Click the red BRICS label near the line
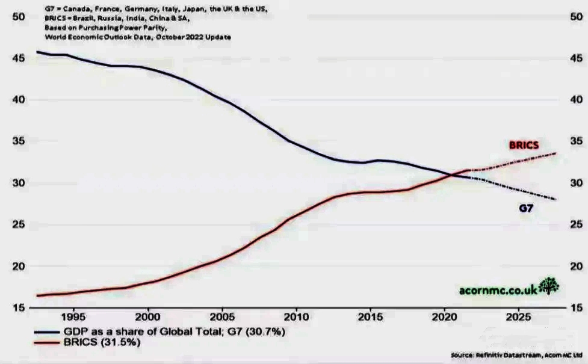[x=524, y=146]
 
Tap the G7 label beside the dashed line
[x=526, y=209]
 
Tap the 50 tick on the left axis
[x=18, y=17]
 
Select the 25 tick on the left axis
[x=18, y=225]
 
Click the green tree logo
[x=548, y=286]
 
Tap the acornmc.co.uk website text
[x=498, y=289]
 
